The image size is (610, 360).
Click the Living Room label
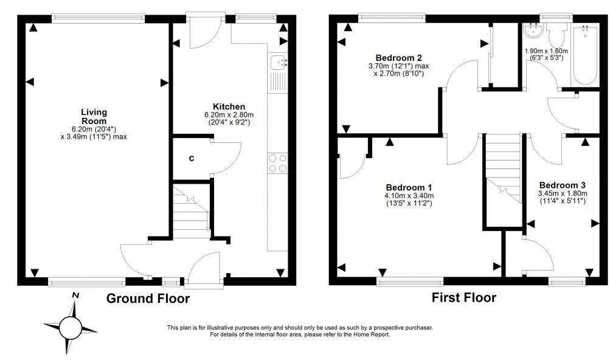[94, 116]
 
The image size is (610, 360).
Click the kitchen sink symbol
[279, 61]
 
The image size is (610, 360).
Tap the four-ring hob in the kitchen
[277, 163]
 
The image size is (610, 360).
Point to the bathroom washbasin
[532, 30]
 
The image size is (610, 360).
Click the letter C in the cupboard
[191, 159]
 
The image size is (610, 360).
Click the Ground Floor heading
[148, 299]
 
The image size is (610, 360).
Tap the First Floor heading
[463, 297]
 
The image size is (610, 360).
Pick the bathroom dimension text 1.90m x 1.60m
[546, 51]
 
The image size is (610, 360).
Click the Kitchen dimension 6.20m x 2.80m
[229, 114]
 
